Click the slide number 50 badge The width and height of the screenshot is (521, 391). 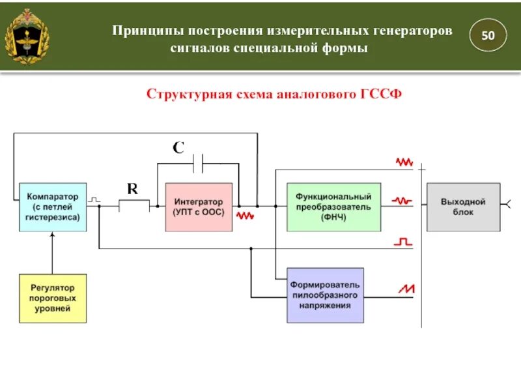[x=488, y=36]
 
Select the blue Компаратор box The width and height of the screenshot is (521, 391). [x=53, y=207]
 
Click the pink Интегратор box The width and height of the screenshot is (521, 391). [x=199, y=207]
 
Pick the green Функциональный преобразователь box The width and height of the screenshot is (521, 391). [x=333, y=207]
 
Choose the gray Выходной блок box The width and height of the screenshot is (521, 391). [x=463, y=207]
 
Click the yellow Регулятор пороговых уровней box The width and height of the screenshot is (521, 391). [x=53, y=298]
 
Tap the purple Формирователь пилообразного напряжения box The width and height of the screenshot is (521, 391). [x=325, y=295]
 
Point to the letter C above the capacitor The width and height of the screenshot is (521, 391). [x=178, y=148]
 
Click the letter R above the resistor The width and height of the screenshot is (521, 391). [x=132, y=189]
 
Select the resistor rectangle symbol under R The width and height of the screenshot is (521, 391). [x=134, y=206]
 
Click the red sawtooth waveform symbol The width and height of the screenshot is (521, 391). [x=407, y=287]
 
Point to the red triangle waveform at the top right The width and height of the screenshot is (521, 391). [x=404, y=162]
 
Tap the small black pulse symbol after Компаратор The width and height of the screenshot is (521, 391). [x=94, y=198]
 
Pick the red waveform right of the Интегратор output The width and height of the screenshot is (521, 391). [x=245, y=214]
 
